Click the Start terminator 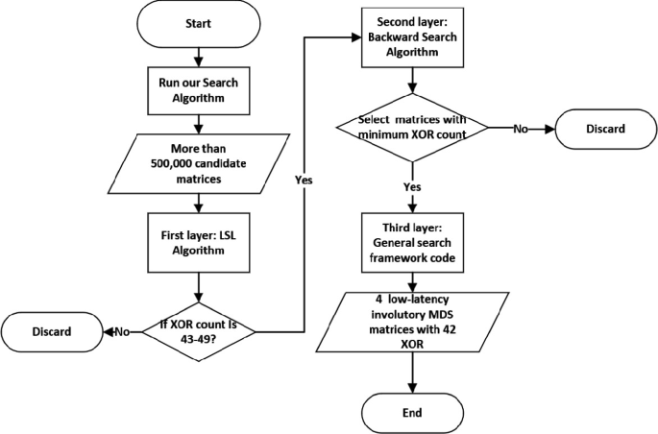tap(197, 25)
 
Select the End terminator tap(412, 412)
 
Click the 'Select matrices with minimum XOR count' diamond tap(412, 128)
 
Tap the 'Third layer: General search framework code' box tap(412, 244)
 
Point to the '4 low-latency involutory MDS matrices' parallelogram tap(412, 327)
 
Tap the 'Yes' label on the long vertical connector tap(305, 180)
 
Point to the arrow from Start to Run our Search tap(197, 56)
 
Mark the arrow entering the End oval tap(412, 382)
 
